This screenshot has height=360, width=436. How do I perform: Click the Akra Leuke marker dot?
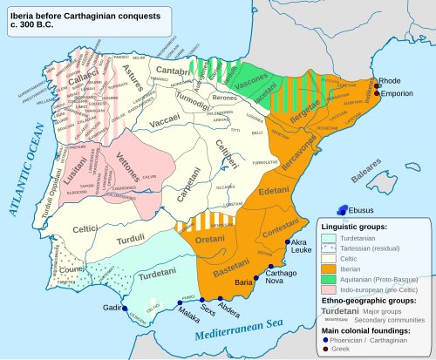click(x=287, y=240)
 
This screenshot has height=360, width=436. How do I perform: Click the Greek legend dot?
click(x=323, y=351)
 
